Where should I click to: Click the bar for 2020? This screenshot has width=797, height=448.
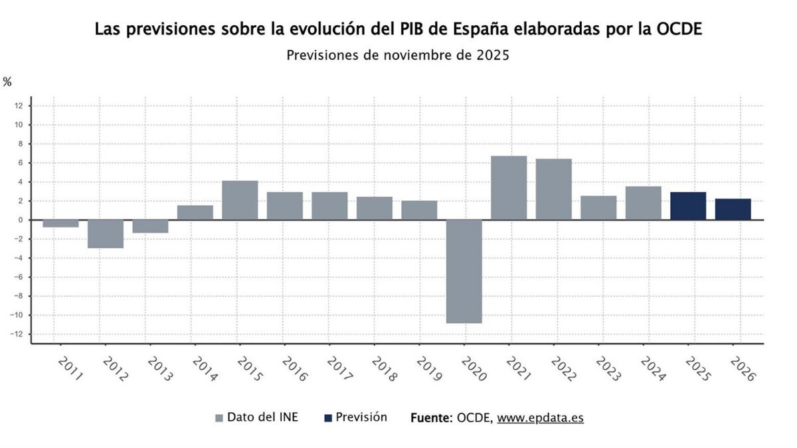pos(464,271)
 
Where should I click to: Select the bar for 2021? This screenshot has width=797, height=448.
pos(509,188)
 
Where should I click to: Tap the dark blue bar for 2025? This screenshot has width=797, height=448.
pos(688,206)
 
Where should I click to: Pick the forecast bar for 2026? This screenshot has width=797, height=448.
pos(733,209)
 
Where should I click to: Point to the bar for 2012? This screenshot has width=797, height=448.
pos(106,234)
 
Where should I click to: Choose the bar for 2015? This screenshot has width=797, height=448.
pos(240,200)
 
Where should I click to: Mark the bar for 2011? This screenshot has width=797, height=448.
pos(60,224)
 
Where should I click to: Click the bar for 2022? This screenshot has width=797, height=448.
pos(553,189)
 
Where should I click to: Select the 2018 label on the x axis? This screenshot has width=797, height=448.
pos(385,368)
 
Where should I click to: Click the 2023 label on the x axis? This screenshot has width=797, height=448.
pos(608,368)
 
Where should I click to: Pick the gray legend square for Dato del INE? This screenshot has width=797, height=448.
pos(219,418)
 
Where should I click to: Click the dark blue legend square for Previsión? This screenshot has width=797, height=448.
pos(327,418)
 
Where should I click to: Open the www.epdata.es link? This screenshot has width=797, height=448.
pos(540,418)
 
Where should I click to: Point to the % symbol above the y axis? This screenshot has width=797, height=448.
pos(7,82)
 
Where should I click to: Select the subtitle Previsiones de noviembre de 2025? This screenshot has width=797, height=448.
pos(398,55)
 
